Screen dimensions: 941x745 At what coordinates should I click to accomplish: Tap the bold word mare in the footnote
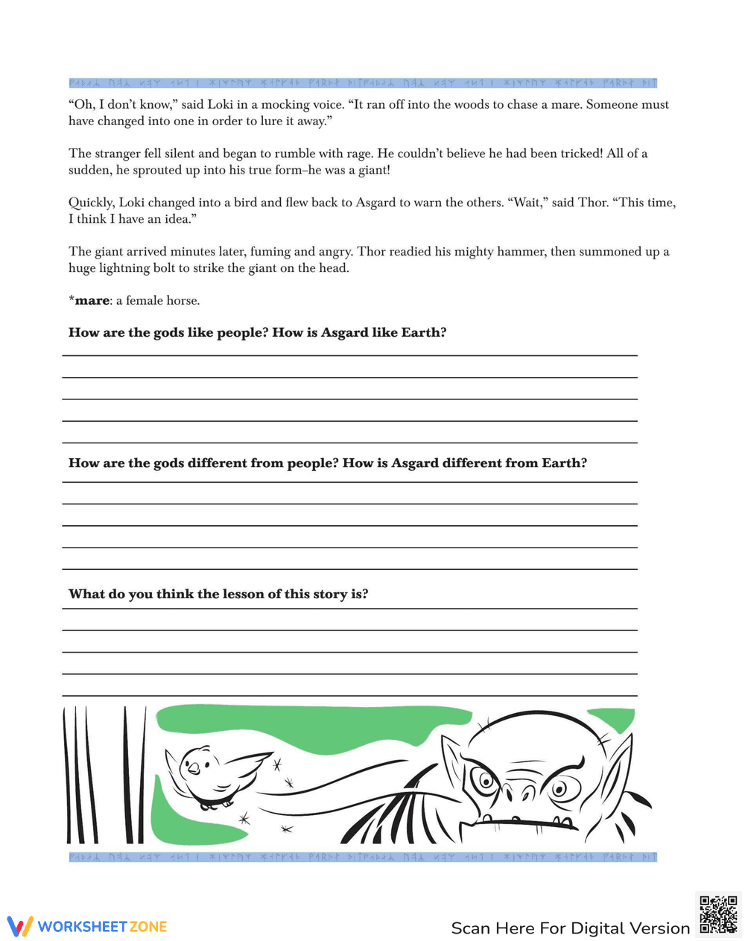point(92,301)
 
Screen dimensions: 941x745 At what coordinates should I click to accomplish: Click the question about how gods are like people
point(257,333)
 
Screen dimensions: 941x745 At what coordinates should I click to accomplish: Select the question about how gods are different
point(327,463)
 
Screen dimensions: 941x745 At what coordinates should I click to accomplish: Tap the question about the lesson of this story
point(218,595)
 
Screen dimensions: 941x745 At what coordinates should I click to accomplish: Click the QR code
point(718,913)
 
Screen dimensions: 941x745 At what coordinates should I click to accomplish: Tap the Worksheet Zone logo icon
point(20,926)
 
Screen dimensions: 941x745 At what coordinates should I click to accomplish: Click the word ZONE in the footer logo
point(148,927)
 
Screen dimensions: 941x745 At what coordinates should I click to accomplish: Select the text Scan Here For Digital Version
point(570,928)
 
